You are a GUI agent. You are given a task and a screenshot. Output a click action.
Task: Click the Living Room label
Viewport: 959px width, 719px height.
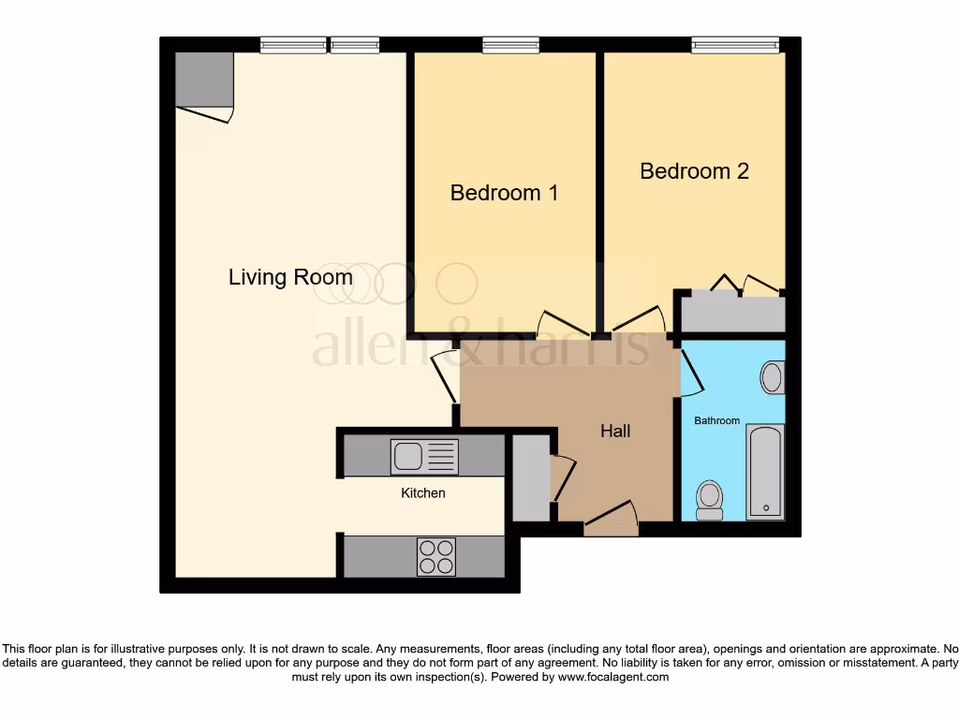290,277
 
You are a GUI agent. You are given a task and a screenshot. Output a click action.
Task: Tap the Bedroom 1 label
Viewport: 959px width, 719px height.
504,193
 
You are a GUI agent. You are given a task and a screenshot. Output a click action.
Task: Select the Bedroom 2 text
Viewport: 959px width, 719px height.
694,171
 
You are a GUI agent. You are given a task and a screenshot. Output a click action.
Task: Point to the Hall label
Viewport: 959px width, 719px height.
615,431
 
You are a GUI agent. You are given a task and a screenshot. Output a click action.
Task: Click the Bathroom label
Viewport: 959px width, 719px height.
716,421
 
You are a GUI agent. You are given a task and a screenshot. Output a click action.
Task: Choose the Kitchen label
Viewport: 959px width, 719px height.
423,492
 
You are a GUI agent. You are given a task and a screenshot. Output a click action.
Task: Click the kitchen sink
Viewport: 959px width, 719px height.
424,457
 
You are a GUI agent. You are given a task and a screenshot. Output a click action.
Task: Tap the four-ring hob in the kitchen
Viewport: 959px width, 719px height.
435,556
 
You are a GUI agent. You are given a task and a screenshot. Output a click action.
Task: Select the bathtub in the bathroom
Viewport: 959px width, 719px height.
765,471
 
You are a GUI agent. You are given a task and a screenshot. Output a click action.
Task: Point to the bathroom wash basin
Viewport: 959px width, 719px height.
773,377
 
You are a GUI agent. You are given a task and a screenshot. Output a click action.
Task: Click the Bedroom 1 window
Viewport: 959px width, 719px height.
510,44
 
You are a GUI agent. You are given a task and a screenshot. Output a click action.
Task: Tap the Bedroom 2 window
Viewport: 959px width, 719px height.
735,44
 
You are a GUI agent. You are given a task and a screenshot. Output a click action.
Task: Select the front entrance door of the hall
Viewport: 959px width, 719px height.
611,518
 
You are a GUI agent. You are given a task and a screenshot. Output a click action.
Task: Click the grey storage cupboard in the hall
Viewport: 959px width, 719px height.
531,477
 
